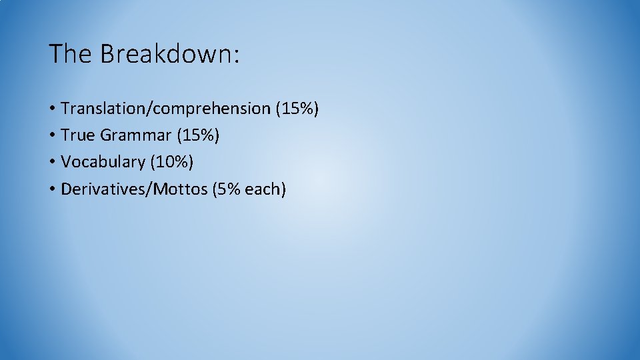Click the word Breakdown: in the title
pos(169,54)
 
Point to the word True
pos(77,135)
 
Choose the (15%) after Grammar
pos(198,135)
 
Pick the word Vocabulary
pos(103,162)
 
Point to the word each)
pos(265,189)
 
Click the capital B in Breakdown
pos(107,54)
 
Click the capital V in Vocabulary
pos(65,162)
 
